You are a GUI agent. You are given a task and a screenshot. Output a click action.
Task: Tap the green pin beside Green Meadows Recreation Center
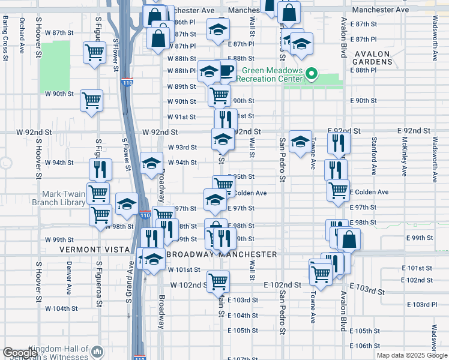coord(311,74)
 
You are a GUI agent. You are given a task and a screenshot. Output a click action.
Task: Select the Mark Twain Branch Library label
coord(64,199)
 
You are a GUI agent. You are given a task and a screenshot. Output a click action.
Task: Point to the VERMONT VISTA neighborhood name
coord(95,249)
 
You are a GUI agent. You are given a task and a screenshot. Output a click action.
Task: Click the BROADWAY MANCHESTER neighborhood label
coord(221,254)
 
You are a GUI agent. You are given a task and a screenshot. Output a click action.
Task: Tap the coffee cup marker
coord(226,71)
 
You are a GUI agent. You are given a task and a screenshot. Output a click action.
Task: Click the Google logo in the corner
coord(20,353)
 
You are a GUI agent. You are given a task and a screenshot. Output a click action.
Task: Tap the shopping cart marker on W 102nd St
coord(218,280)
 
